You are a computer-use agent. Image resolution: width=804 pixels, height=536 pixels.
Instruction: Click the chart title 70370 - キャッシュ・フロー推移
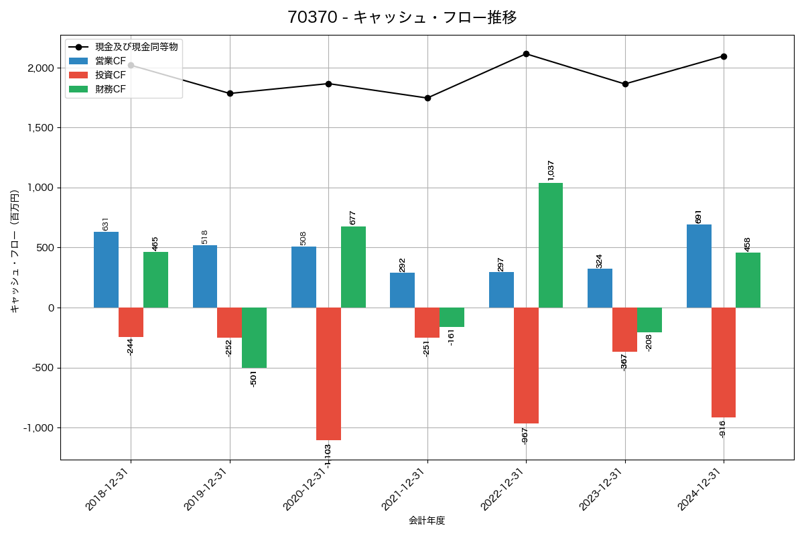pyautogui.click(x=402, y=17)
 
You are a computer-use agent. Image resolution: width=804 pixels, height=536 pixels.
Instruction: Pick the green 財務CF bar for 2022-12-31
pyautogui.click(x=551, y=245)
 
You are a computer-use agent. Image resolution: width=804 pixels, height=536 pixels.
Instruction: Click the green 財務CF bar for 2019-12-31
pyautogui.click(x=254, y=338)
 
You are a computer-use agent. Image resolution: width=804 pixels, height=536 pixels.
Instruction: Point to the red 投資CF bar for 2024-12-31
pyautogui.click(x=724, y=362)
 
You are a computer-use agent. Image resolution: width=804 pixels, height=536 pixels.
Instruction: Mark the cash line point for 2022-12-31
pyautogui.click(x=526, y=54)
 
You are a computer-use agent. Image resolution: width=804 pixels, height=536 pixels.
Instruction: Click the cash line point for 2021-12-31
pyautogui.click(x=427, y=98)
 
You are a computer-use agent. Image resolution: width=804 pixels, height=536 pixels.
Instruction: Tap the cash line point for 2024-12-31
pyautogui.click(x=724, y=56)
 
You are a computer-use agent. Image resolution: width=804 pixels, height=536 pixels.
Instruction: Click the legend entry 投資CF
pyautogui.click(x=111, y=75)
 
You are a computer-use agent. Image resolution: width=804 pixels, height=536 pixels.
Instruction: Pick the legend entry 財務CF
pyautogui.click(x=111, y=88)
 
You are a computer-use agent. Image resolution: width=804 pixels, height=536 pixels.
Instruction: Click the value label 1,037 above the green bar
pyautogui.click(x=551, y=170)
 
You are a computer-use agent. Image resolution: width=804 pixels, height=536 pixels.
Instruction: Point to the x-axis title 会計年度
pyautogui.click(x=427, y=521)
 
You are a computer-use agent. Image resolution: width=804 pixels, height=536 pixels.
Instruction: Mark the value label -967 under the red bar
pyautogui.click(x=525, y=435)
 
